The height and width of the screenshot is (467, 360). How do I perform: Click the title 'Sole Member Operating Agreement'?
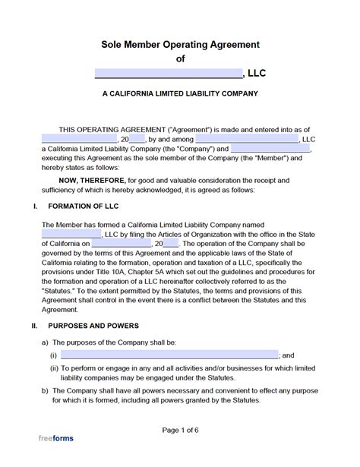point(180,45)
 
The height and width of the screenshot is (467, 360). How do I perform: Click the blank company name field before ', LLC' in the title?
point(168,74)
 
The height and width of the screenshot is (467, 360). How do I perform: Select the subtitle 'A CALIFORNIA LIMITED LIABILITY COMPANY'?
point(180,94)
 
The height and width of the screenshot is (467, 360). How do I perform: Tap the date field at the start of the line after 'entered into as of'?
point(79,139)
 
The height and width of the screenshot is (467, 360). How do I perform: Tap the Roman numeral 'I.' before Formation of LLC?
point(33,206)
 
